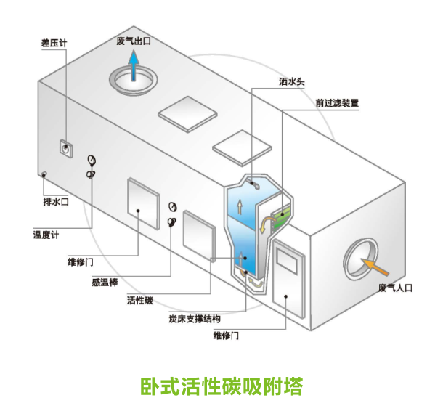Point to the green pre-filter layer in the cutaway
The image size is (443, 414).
pos(279,214)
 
